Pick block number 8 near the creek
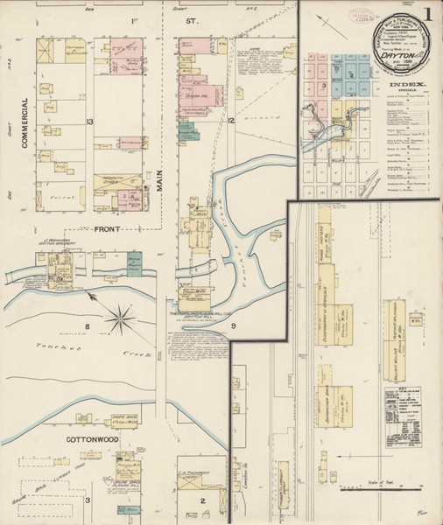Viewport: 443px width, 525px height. click(87, 326)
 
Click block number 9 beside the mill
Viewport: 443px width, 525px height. click(234, 326)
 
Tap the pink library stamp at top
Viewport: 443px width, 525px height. click(357, 15)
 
